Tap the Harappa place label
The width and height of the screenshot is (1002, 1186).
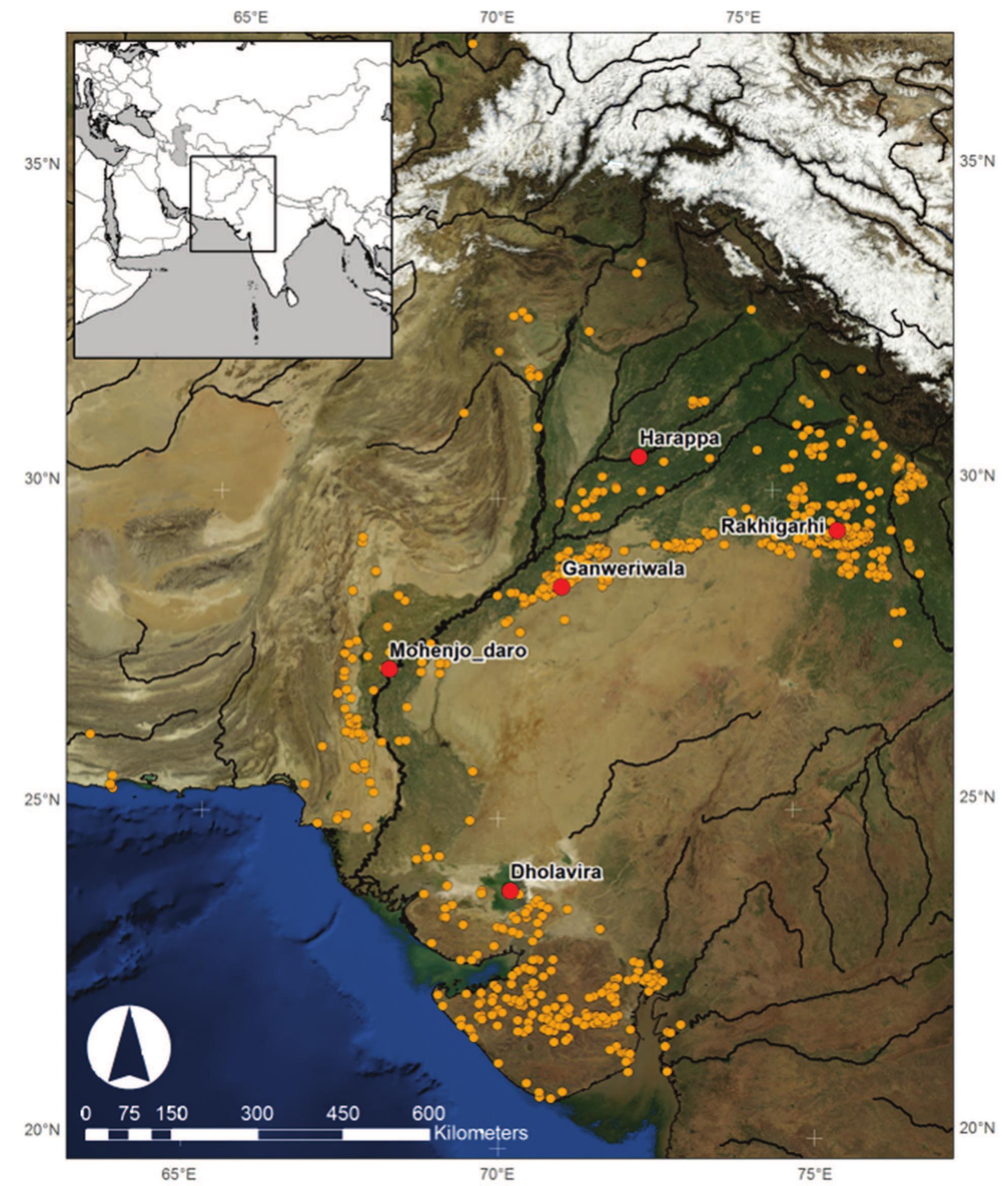pos(679,438)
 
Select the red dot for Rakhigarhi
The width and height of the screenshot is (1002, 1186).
pos(837,530)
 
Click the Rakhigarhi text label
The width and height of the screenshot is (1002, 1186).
pos(772,526)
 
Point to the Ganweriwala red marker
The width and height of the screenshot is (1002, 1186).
pos(561,587)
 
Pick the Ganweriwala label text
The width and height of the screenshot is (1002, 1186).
pos(623,569)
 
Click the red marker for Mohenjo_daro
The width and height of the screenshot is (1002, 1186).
pos(389,669)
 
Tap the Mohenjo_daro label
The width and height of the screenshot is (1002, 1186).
pos(458,651)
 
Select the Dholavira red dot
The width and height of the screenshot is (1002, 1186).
pos(510,891)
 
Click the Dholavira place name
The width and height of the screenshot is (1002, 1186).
pos(556,872)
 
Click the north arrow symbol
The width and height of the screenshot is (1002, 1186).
pos(129,1047)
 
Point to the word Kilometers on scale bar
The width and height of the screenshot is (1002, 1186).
pos(480,1133)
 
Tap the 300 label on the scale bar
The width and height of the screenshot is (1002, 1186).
pos(257,1113)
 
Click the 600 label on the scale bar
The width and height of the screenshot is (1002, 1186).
pos(428,1113)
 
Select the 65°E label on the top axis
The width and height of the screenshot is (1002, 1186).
pos(251,17)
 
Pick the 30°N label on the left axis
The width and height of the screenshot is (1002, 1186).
pos(42,478)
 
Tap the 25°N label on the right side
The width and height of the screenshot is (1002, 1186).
pos(977,797)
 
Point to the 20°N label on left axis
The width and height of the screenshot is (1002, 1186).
pos(42,1129)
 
